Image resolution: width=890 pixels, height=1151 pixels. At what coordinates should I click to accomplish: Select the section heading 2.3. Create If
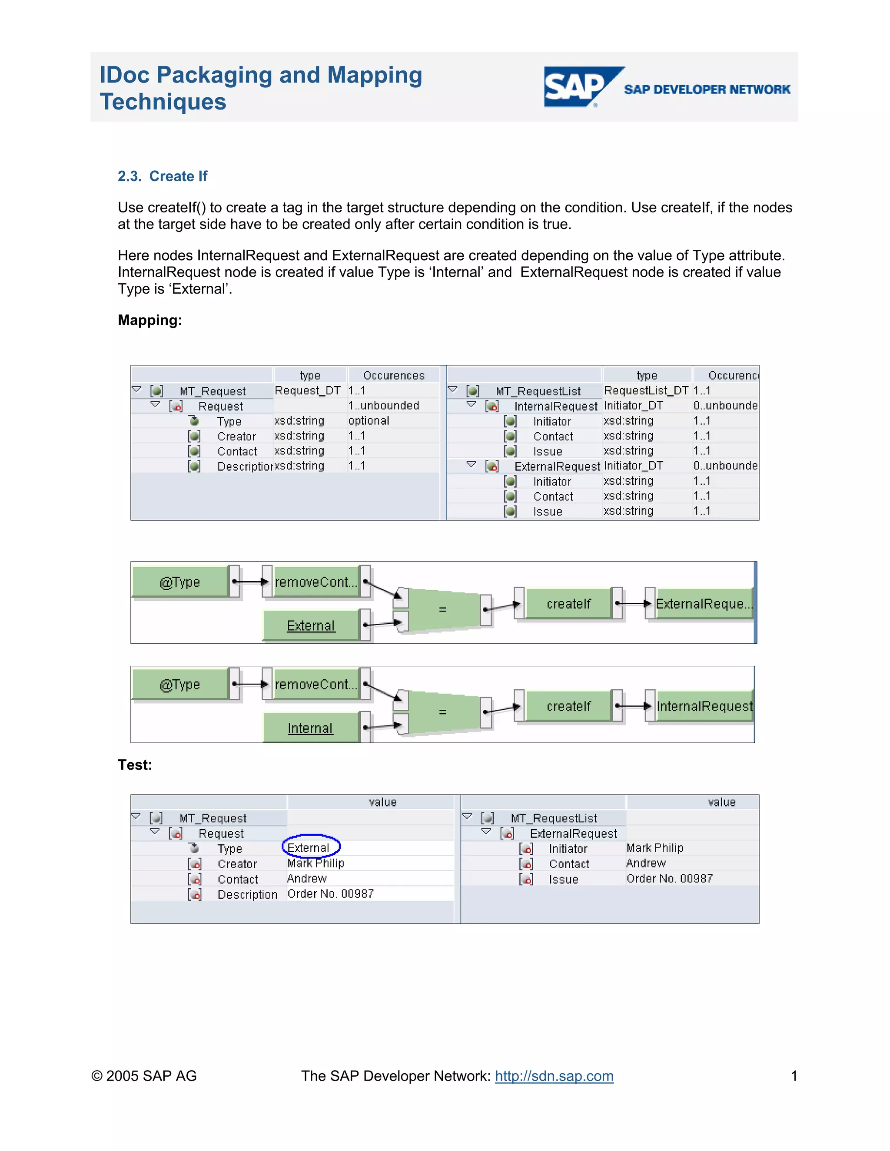coord(163,176)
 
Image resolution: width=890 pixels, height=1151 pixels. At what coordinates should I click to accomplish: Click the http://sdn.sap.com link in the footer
coord(554,1075)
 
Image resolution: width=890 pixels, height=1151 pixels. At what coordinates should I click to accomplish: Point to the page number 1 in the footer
coord(794,1075)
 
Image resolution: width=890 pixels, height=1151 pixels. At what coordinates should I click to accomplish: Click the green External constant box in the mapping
coord(311,625)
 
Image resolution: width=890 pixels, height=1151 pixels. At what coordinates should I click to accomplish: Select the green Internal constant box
coord(311,728)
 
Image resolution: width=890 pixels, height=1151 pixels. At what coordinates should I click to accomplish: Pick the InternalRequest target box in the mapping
coord(704,706)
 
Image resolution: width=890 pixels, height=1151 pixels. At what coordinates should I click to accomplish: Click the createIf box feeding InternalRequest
coord(568,706)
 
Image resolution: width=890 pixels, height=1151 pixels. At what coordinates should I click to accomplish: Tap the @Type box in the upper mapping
coord(180,582)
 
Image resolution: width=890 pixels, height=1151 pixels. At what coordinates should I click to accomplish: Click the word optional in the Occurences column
coord(369,420)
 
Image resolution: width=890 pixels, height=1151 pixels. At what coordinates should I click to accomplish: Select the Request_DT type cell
coord(307,390)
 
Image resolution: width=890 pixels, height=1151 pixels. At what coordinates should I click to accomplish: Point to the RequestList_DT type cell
coord(646,390)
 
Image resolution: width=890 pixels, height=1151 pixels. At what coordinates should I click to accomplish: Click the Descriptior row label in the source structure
coord(245,466)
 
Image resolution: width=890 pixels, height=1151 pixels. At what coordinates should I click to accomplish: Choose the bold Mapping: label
coord(150,320)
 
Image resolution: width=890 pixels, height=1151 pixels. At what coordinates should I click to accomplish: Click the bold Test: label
coord(135,765)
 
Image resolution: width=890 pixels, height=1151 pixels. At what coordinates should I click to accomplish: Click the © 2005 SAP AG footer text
coord(144,1075)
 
